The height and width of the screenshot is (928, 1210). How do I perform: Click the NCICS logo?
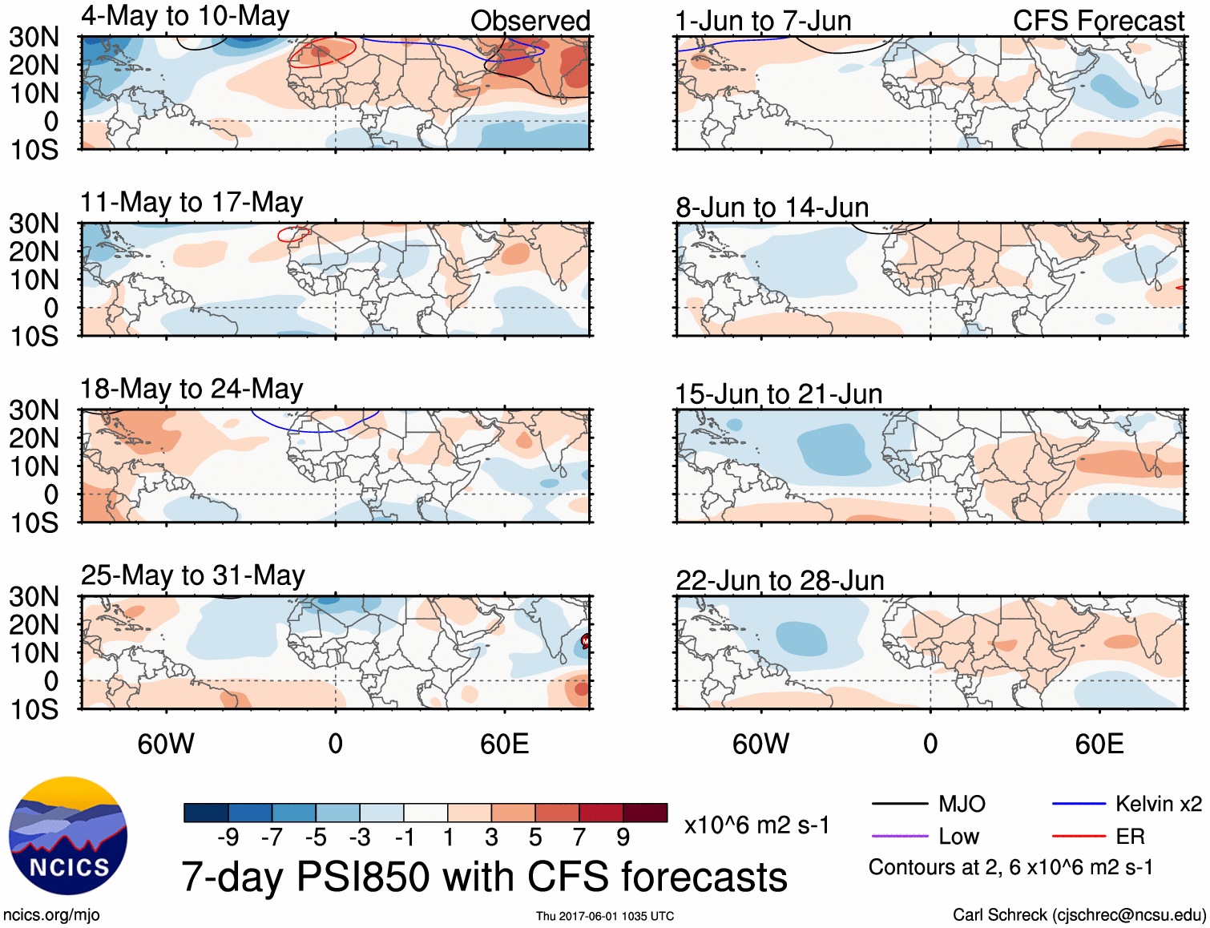[68, 835]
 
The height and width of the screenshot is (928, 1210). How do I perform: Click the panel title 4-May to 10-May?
[185, 16]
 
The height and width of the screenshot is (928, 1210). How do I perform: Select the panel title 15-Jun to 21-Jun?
[778, 394]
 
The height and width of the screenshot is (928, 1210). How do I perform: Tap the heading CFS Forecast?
[1098, 21]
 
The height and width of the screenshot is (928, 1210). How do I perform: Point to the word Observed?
[530, 21]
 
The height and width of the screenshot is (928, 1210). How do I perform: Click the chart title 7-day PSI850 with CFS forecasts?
[484, 877]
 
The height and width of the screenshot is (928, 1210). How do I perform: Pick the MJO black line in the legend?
[899, 804]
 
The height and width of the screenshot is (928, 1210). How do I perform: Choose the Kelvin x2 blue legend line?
[1079, 804]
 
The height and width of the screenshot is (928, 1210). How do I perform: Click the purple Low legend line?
[899, 836]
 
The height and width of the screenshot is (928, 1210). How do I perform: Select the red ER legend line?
[1079, 836]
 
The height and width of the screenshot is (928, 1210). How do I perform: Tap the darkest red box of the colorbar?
[645, 813]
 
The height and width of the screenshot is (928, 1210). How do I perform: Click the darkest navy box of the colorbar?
[206, 813]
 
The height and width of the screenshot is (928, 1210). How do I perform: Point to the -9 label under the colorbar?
[228, 837]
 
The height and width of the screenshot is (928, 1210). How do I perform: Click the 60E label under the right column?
[1099, 744]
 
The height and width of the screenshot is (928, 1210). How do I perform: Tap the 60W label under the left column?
[166, 744]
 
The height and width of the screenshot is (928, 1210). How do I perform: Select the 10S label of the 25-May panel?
[34, 709]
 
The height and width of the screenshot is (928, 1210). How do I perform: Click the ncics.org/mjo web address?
[51, 915]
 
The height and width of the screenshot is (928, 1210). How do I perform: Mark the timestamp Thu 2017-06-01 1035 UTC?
[605, 916]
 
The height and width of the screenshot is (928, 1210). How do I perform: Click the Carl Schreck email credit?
[1079, 915]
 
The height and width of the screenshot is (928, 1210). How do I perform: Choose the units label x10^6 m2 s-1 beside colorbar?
[756, 825]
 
